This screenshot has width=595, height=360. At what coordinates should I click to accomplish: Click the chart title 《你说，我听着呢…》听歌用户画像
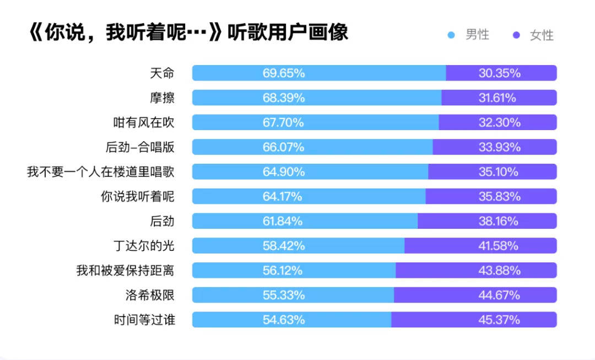click(x=187, y=32)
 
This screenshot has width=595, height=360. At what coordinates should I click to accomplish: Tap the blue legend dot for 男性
click(x=451, y=35)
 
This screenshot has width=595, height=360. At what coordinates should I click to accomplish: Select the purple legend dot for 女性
click(x=516, y=35)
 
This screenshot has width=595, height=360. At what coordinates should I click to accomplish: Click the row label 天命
click(x=162, y=73)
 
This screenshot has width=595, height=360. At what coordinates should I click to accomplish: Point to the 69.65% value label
click(x=283, y=73)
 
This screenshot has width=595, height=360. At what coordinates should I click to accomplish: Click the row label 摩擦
click(x=162, y=98)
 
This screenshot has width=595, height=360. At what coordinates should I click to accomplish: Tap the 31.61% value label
click(x=497, y=98)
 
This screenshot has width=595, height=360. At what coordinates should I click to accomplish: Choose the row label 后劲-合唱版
click(x=140, y=147)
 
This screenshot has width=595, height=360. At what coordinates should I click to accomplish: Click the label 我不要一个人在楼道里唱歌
click(x=101, y=172)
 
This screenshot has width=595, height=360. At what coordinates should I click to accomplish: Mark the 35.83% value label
click(x=499, y=196)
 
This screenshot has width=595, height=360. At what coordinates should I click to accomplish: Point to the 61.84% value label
click(x=283, y=221)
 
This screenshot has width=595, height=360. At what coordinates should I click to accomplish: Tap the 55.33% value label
click(x=283, y=295)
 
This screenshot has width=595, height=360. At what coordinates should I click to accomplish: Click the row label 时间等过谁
click(x=144, y=320)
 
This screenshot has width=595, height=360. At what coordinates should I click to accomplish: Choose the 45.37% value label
click(x=499, y=320)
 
